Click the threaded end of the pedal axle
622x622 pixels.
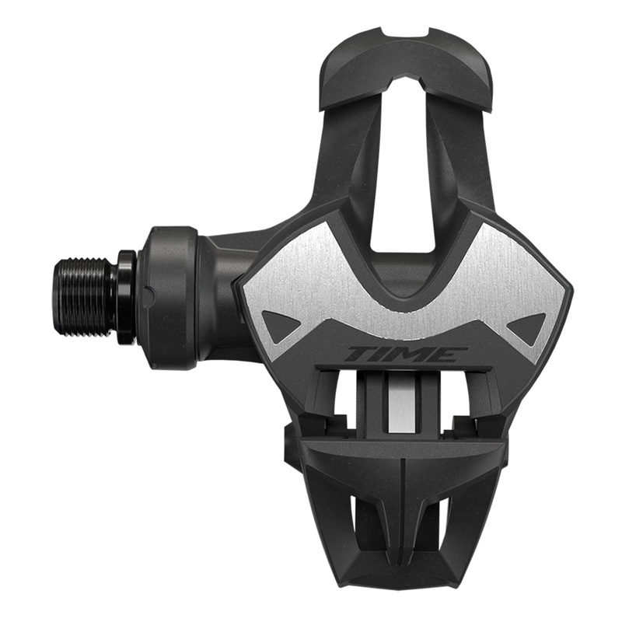[x=86, y=292]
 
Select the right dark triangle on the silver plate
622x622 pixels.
[x=529, y=324]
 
